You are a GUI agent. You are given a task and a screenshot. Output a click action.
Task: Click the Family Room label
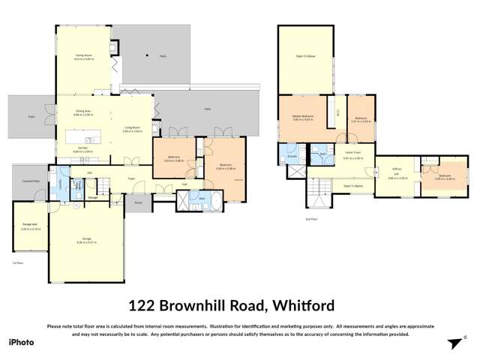pos(82,55)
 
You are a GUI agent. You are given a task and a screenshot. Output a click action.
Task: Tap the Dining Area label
pos(82,112)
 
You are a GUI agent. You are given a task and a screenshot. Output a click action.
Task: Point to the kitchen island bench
pos(83,139)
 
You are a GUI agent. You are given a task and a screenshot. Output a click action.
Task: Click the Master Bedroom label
pos(303,117)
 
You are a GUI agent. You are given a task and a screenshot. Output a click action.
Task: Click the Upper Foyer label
pos(352,156)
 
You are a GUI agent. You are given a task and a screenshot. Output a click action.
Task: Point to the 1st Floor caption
pos(18,263)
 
